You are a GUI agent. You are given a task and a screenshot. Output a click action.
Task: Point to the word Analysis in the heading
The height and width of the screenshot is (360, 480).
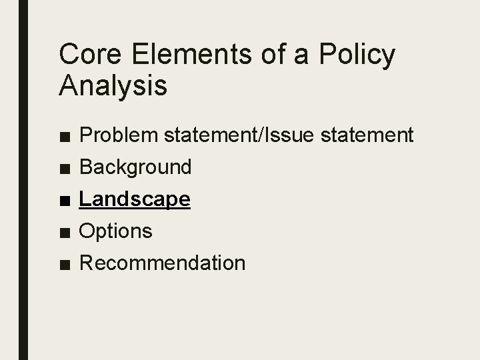(113, 86)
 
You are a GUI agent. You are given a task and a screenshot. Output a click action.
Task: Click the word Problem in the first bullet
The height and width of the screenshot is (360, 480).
(117, 135)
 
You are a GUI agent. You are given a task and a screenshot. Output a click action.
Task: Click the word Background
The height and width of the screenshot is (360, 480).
(135, 167)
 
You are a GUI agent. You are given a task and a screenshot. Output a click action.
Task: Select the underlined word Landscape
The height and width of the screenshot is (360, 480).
(135, 199)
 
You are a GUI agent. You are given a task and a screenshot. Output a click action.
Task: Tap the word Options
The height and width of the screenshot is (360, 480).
(116, 231)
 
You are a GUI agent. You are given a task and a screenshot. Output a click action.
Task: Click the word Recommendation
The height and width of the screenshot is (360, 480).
(162, 263)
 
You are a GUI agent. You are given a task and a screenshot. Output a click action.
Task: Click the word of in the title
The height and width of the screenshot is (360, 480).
(269, 55)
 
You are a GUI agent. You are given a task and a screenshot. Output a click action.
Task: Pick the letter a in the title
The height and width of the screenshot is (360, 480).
(301, 57)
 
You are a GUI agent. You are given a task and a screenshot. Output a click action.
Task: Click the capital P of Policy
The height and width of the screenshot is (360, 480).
(328, 55)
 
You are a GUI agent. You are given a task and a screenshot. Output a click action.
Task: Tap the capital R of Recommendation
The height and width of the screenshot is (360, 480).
(87, 263)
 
